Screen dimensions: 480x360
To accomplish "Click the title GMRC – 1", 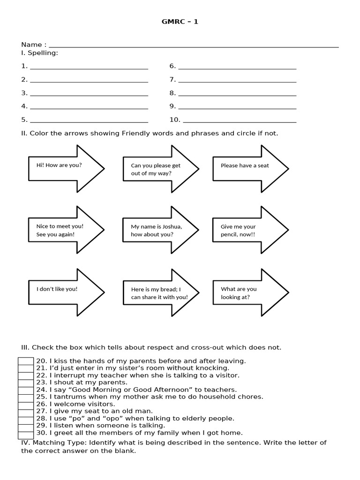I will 180,22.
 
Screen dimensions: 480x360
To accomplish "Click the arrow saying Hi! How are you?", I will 66,168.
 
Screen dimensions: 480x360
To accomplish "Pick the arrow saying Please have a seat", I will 250,168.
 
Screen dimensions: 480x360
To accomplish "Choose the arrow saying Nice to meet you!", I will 66,230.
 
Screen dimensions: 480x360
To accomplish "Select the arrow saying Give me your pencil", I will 250,230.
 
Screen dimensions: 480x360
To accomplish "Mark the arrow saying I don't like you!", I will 66,292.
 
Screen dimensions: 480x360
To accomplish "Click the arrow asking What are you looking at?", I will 250,292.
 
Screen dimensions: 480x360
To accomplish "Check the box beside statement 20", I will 26,361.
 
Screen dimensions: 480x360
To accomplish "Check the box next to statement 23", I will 26,382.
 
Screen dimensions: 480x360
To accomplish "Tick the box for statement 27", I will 26,411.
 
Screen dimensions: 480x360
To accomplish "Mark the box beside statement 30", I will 26,433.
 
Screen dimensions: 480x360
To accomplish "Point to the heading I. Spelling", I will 39,53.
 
